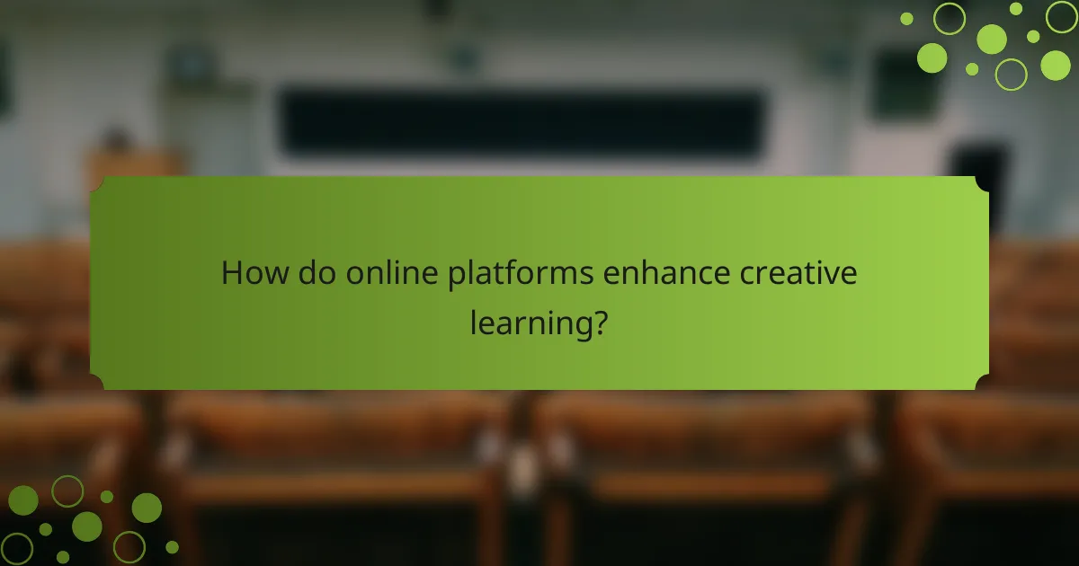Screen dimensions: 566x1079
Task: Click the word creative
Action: (x=798, y=273)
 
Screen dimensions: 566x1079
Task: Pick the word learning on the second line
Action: (x=527, y=322)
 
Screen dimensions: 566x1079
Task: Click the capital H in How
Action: (x=232, y=273)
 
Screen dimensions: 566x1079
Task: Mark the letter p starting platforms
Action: (x=456, y=277)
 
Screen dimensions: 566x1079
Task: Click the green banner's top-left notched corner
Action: (x=97, y=183)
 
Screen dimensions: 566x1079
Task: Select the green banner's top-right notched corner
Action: (x=982, y=183)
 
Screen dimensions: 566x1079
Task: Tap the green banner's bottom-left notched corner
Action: (x=97, y=383)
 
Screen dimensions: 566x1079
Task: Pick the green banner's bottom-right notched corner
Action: (x=982, y=383)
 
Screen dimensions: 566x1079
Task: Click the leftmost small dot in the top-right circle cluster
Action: (x=906, y=18)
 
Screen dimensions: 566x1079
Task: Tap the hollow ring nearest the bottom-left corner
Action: (x=17, y=548)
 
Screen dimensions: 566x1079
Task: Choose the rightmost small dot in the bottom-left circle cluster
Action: (x=172, y=546)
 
